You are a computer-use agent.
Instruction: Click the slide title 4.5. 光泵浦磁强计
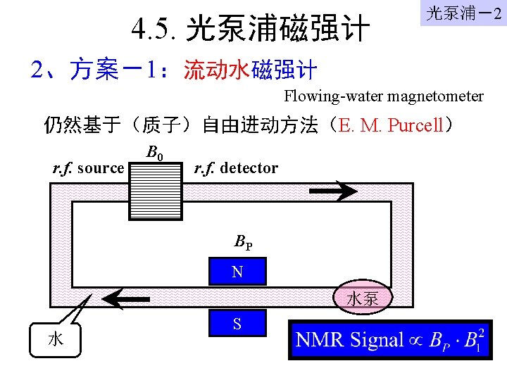point(251,29)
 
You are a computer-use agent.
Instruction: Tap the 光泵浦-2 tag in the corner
point(464,13)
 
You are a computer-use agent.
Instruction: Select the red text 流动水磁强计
point(250,70)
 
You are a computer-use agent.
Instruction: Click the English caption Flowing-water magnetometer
point(384,96)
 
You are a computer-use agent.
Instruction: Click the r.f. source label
point(89,168)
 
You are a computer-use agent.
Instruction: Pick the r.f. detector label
point(235,168)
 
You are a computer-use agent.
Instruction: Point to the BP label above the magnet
point(244,243)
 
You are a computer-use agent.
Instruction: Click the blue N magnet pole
point(238,272)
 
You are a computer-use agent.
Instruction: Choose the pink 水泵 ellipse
point(363,298)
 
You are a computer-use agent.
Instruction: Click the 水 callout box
point(56,339)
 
